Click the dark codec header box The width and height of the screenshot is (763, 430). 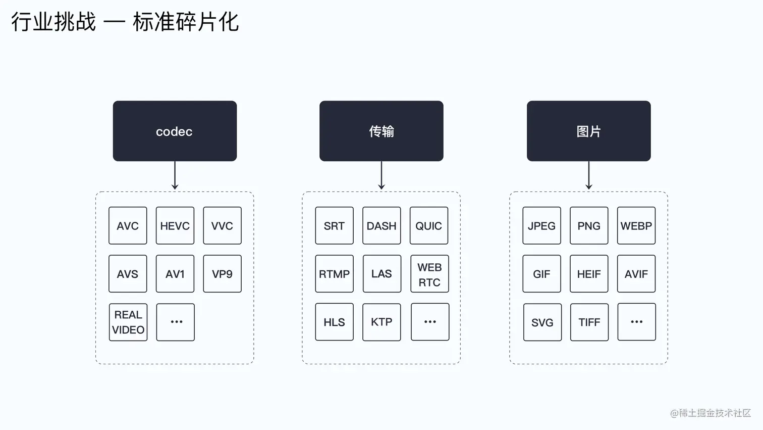(x=175, y=131)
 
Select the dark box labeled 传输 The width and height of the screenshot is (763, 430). (x=381, y=131)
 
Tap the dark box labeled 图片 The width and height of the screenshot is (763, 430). (x=588, y=131)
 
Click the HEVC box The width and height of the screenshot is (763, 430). (x=175, y=225)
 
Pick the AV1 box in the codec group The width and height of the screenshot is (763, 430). (x=175, y=274)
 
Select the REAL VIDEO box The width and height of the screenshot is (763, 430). (x=128, y=322)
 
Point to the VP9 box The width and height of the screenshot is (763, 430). (x=222, y=274)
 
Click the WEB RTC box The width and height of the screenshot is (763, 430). (x=429, y=274)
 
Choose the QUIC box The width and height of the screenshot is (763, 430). (x=428, y=225)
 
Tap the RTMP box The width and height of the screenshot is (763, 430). (x=334, y=274)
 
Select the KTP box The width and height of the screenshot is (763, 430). (x=381, y=322)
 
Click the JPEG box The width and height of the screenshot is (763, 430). (x=541, y=225)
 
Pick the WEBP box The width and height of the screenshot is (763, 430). (x=636, y=225)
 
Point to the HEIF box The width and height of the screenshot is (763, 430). (x=589, y=274)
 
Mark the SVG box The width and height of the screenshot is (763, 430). (x=542, y=322)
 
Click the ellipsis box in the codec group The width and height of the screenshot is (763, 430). (x=176, y=322)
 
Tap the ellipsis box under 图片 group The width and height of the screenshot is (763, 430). (x=636, y=322)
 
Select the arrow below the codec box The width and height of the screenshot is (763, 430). (x=175, y=175)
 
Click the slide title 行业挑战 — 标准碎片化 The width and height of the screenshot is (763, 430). (x=125, y=22)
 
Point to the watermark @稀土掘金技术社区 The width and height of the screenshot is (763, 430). (x=710, y=413)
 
